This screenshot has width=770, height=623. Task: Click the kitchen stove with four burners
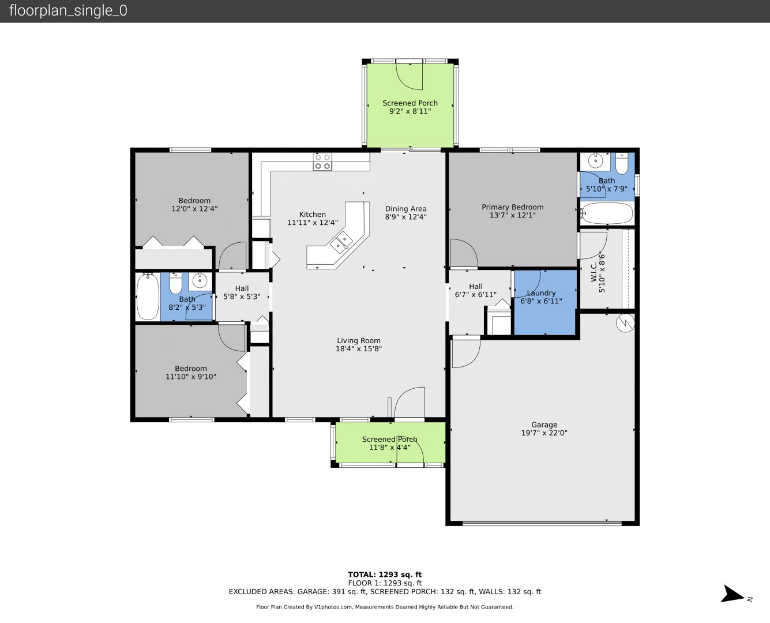pyautogui.click(x=322, y=162)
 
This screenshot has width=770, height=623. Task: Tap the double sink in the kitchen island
pyautogui.click(x=341, y=243)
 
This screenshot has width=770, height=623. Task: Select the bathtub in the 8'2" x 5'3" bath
pyautogui.click(x=148, y=297)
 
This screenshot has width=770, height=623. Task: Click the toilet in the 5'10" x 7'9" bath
pyautogui.click(x=621, y=164)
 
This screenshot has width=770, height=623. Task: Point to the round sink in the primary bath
pyautogui.click(x=595, y=160)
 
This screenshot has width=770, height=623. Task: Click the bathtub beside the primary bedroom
pyautogui.click(x=607, y=213)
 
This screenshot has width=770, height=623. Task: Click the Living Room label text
pyautogui.click(x=359, y=340)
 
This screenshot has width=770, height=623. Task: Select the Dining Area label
pyautogui.click(x=405, y=209)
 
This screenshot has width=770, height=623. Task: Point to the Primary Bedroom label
pyautogui.click(x=513, y=207)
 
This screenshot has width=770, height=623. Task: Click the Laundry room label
pyautogui.click(x=541, y=293)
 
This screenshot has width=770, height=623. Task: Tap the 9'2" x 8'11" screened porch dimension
pyautogui.click(x=410, y=111)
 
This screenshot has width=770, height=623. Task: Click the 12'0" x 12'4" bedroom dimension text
pyautogui.click(x=194, y=209)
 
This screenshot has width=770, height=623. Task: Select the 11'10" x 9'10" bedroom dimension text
pyautogui.click(x=191, y=377)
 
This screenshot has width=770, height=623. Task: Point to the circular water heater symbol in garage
pyautogui.click(x=625, y=323)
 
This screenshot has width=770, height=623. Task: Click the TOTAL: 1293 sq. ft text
pyautogui.click(x=385, y=574)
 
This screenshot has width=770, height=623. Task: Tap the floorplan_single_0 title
pyautogui.click(x=68, y=11)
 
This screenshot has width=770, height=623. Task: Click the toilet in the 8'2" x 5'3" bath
pyautogui.click(x=176, y=283)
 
